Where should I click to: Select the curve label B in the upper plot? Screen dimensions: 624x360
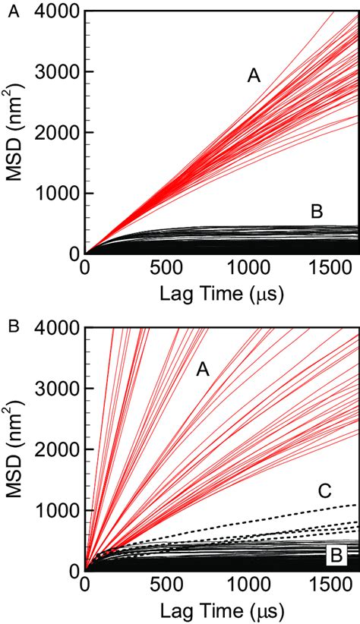tap(317, 213)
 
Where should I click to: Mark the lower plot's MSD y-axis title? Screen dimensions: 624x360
tap(18, 452)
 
